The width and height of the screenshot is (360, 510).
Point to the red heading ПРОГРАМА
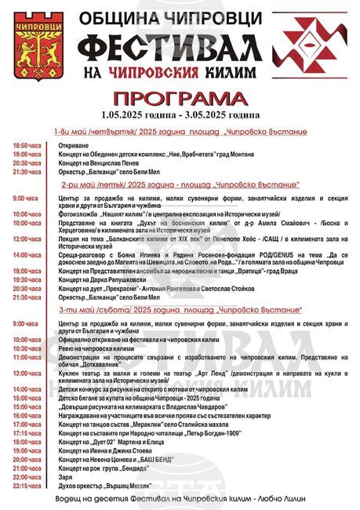179,99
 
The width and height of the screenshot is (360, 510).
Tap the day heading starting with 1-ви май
175,132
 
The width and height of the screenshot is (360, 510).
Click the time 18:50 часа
27,146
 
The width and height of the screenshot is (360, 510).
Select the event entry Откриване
75,146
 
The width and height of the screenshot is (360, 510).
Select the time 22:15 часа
27,486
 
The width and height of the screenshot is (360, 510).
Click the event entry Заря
66,476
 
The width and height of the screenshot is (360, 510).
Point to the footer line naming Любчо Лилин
180,501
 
